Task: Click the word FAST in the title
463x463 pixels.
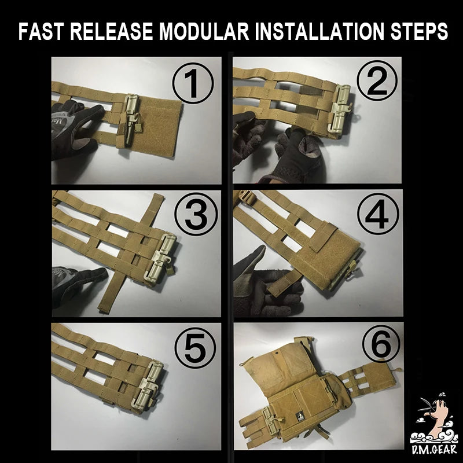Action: (41, 31)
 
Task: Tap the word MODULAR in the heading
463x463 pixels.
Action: (204, 31)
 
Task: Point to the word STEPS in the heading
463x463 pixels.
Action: (419, 31)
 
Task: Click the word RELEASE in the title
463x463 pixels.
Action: (112, 31)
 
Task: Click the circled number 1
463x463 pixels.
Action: (193, 83)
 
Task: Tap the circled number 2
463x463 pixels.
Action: (377, 81)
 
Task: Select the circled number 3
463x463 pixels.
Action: (196, 214)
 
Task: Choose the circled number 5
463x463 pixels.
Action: (195, 348)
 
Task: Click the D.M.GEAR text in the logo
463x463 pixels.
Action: (433, 450)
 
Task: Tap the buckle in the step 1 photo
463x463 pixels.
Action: (131, 120)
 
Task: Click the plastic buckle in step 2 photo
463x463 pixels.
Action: (341, 109)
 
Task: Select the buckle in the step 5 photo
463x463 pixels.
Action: (148, 385)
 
